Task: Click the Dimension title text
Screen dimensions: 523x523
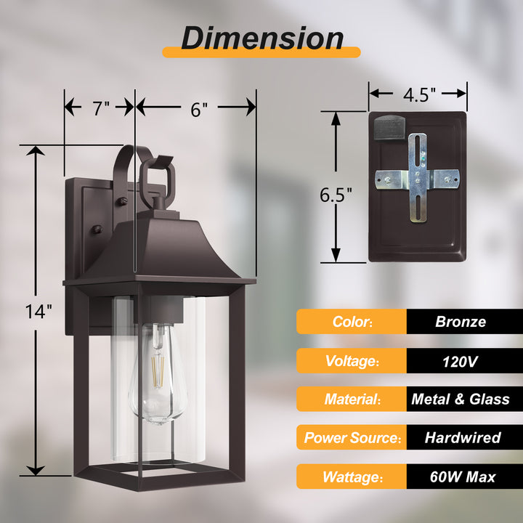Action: coord(261,37)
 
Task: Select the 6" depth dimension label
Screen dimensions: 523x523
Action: coord(199,108)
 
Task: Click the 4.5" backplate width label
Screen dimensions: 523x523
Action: coord(418,94)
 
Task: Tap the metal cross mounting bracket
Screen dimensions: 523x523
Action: coord(418,177)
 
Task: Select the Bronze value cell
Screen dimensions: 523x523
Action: coord(461,322)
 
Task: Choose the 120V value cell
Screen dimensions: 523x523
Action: coord(461,360)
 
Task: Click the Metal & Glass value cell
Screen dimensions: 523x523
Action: coord(461,399)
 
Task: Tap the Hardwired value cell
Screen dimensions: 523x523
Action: coord(461,437)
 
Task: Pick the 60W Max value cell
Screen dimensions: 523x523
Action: coord(461,477)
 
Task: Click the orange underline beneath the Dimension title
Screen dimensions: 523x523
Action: coord(261,52)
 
